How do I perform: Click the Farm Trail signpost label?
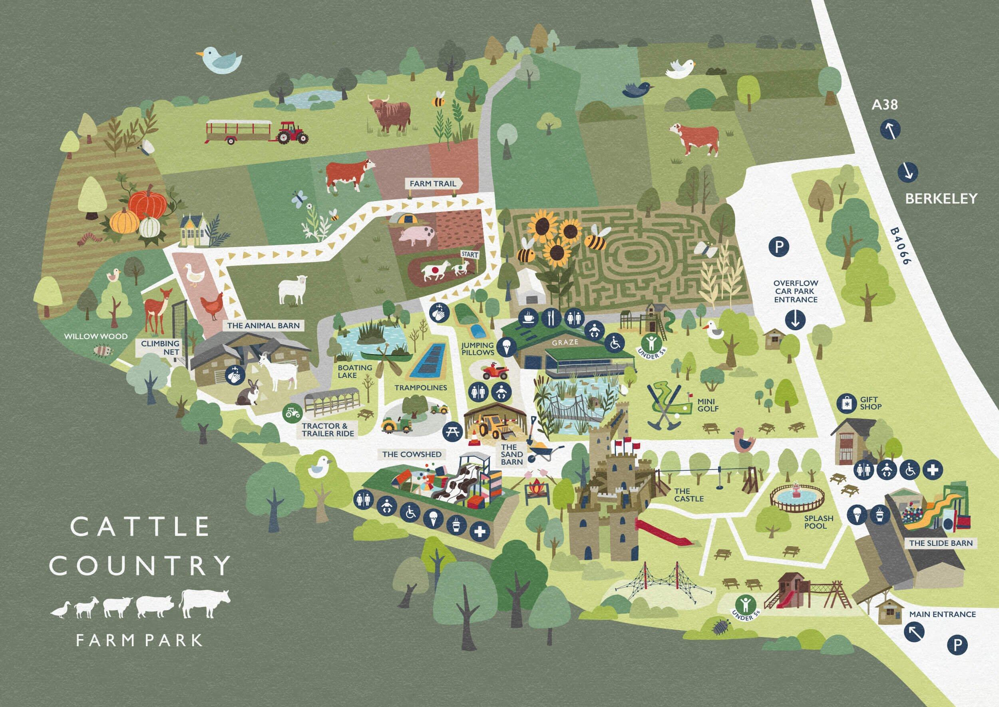coord(433,184)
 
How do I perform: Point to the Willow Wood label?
coord(96,337)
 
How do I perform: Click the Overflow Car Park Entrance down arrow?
coord(795,320)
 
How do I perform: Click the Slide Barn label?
coord(940,543)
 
